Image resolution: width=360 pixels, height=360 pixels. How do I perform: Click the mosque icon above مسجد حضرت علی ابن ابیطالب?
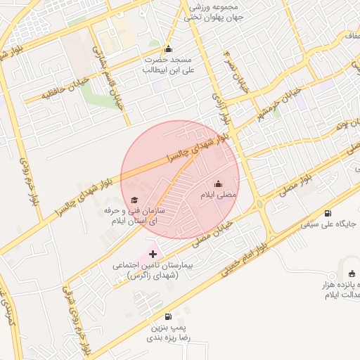tap(167, 49)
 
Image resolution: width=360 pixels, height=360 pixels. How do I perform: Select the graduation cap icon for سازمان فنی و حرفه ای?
tap(134, 200)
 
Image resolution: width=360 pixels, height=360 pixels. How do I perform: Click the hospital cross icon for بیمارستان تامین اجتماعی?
tap(153, 253)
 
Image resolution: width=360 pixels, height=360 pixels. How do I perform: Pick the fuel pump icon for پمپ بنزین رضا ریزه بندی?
tap(167, 317)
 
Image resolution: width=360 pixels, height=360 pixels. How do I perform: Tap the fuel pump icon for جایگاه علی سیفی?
tap(328, 214)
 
